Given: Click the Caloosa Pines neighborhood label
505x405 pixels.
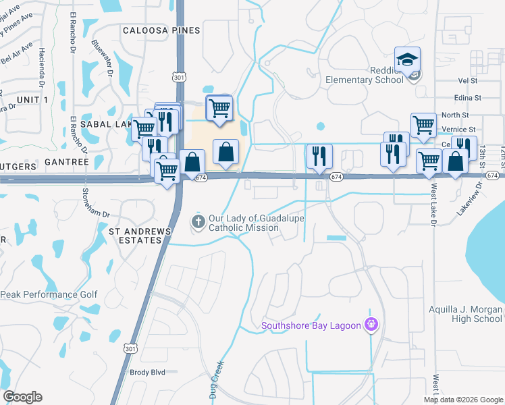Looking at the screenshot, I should [161, 30].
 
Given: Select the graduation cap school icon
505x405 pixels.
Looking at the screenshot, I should [407, 60].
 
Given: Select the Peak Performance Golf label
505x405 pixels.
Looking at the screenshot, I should [49, 294].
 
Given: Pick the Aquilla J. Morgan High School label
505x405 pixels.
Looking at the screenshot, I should [466, 314].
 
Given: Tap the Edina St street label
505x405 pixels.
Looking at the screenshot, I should [467, 97].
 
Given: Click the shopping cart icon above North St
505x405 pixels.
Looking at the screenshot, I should [423, 125].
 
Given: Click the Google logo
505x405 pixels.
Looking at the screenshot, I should [22, 397].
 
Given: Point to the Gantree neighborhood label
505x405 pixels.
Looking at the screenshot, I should [66, 163].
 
